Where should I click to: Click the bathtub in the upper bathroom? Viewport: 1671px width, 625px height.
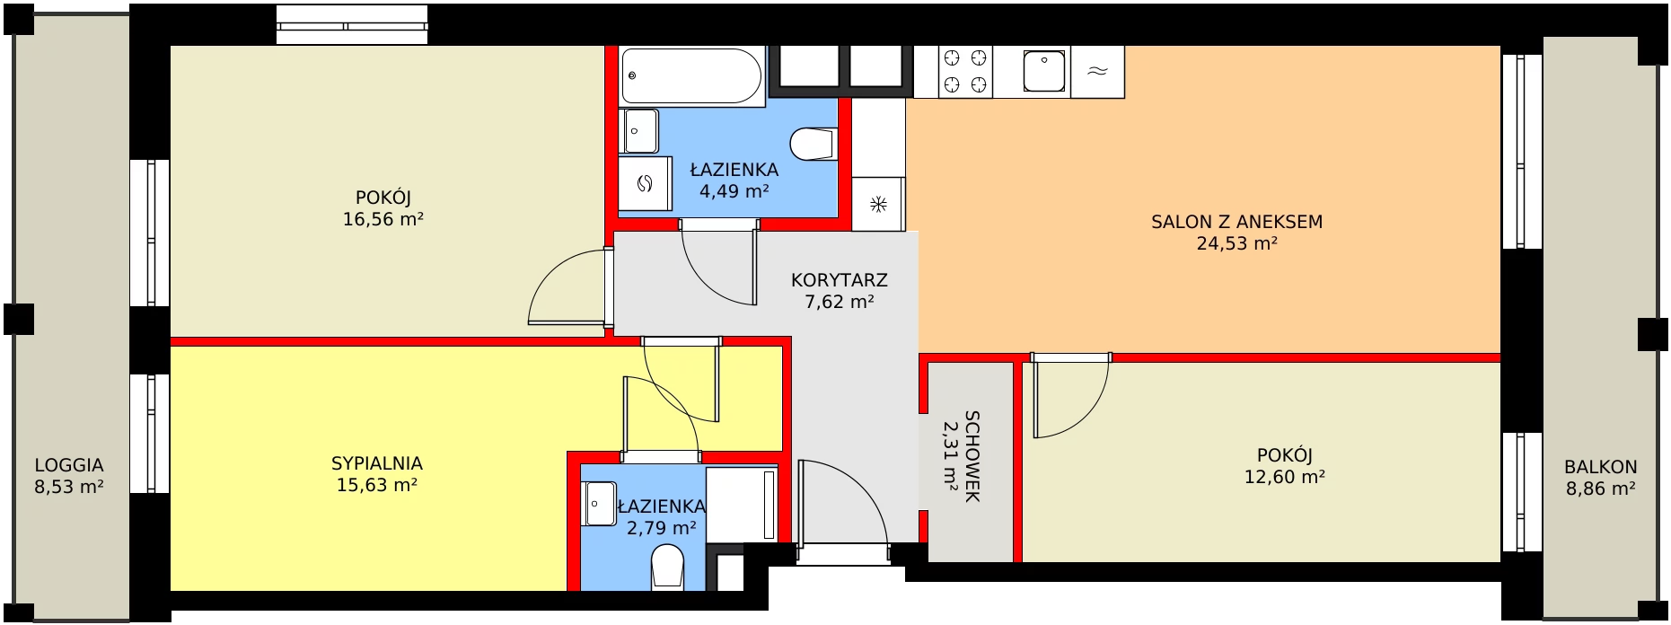[x=691, y=75]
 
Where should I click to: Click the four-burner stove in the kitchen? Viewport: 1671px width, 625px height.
[x=965, y=72]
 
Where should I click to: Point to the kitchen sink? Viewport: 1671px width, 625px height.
[x=1044, y=72]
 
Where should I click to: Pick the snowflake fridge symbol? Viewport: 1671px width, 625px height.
[x=878, y=204]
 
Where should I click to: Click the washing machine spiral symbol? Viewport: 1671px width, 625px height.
[x=644, y=184]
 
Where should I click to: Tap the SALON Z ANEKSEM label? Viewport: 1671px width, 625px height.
[x=1236, y=222]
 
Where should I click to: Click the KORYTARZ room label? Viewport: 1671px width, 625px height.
[x=839, y=280]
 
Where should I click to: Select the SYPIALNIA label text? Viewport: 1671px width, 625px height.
[x=376, y=463]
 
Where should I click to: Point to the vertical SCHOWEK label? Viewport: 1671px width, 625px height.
[x=972, y=456]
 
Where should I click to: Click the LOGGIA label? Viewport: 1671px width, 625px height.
[x=69, y=465]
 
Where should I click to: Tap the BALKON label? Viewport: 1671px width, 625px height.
[x=1600, y=467]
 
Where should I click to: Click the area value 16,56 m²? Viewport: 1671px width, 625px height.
[x=383, y=219]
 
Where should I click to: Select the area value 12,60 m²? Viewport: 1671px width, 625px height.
[x=1284, y=477]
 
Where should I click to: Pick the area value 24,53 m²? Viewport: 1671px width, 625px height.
[x=1236, y=243]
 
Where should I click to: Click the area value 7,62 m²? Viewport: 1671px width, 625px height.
[x=839, y=302]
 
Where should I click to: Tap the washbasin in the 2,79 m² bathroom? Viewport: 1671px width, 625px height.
[x=599, y=504]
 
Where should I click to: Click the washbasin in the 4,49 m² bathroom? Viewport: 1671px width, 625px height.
[x=639, y=132]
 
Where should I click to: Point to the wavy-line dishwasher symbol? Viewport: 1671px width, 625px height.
[x=1096, y=72]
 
